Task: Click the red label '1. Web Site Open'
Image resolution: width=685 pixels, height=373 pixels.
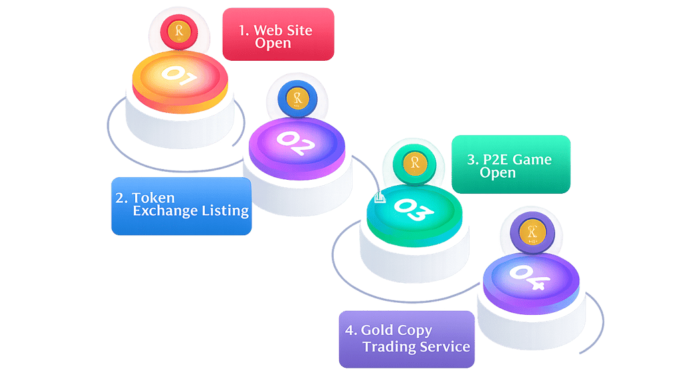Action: (x=278, y=34)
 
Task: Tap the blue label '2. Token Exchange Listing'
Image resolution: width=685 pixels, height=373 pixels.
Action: (x=181, y=206)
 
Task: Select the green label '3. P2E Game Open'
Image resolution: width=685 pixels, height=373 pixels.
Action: (x=510, y=164)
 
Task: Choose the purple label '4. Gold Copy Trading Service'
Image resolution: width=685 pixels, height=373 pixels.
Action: (x=407, y=340)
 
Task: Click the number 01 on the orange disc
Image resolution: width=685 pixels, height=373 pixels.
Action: (x=179, y=75)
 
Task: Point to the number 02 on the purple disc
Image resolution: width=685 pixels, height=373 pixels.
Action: (x=296, y=142)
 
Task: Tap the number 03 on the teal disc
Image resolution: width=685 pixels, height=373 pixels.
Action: (x=413, y=210)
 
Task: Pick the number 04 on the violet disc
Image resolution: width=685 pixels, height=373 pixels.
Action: (x=530, y=277)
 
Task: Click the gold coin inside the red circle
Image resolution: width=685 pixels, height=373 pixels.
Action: (x=179, y=31)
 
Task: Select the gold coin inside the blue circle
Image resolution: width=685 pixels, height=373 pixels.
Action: (x=298, y=98)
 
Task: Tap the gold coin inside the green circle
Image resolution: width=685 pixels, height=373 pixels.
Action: (x=415, y=163)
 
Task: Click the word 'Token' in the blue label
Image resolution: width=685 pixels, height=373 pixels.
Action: (x=153, y=198)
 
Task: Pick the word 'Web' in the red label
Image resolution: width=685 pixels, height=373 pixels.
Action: (x=268, y=30)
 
